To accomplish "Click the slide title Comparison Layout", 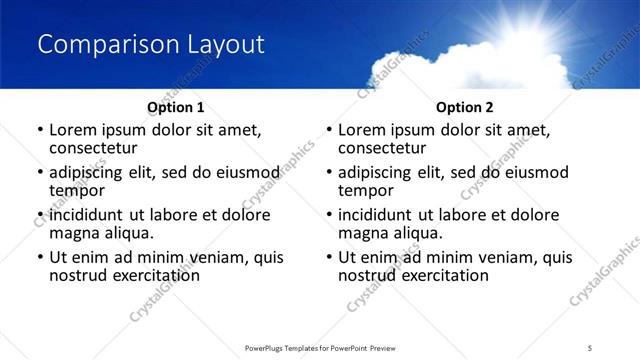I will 151,45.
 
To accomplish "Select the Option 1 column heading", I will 175,107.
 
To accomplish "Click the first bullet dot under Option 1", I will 40,130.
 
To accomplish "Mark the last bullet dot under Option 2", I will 329,257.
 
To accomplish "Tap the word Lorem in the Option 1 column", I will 73,130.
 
